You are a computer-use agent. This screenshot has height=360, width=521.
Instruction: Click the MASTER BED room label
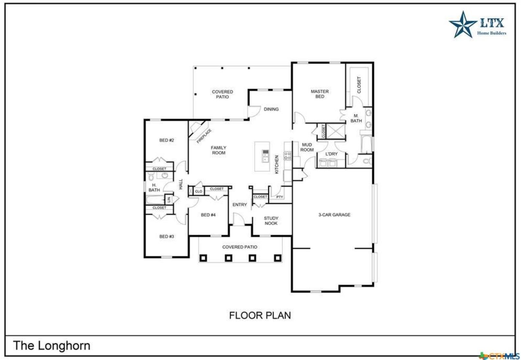click(x=319, y=94)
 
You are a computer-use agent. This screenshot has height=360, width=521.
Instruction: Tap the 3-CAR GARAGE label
click(x=334, y=215)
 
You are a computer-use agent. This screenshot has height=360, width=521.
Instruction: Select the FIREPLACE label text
click(x=204, y=136)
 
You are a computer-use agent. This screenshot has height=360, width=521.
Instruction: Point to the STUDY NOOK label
click(x=271, y=221)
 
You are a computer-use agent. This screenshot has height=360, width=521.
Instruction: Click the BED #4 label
click(x=208, y=215)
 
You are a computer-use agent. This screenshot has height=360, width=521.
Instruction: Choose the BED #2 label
click(x=167, y=140)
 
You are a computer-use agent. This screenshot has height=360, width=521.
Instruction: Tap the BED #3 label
click(x=167, y=236)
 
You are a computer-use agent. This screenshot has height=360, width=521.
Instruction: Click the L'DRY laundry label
click(x=331, y=154)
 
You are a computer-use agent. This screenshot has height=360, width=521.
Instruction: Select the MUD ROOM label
click(x=307, y=147)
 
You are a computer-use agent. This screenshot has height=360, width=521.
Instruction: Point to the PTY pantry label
click(x=280, y=197)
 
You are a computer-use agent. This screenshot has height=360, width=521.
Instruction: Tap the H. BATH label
click(x=154, y=187)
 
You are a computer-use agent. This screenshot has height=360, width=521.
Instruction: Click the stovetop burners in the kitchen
click(x=287, y=156)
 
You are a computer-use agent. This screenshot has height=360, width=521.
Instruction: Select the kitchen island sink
click(x=265, y=156)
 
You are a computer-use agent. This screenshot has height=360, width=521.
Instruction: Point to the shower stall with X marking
click(x=336, y=131)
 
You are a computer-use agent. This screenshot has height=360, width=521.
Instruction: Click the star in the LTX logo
click(x=463, y=25)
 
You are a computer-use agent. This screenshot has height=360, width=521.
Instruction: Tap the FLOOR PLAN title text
click(x=260, y=315)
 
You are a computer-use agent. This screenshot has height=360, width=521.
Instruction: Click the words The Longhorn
click(x=52, y=345)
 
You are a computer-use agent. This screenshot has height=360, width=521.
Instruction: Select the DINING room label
click(x=271, y=109)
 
